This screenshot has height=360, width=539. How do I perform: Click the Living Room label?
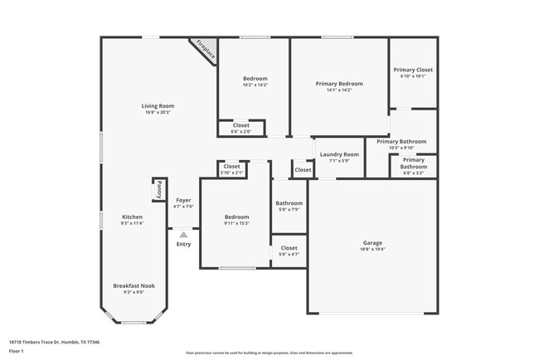pyautogui.click(x=157, y=105)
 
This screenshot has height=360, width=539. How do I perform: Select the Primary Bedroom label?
pyautogui.click(x=339, y=84)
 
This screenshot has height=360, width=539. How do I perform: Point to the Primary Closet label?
pyautogui.click(x=412, y=70)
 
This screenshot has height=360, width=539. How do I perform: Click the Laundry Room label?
pyautogui.click(x=339, y=154)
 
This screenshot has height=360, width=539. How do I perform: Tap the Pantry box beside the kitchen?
pyautogui.click(x=158, y=189)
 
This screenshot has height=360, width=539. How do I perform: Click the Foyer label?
pyautogui.click(x=183, y=200)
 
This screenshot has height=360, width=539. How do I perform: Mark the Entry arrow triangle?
pyautogui.click(x=183, y=235)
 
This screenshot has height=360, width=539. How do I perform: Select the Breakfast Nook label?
pyautogui.click(x=134, y=285)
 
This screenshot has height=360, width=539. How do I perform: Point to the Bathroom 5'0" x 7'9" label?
pyautogui.click(x=289, y=203)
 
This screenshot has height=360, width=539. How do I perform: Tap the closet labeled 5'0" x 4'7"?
pyautogui.click(x=289, y=248)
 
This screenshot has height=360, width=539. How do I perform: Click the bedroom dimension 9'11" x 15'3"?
pyautogui.click(x=236, y=223)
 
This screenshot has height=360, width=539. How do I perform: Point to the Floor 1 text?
pyautogui.click(x=16, y=352)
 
